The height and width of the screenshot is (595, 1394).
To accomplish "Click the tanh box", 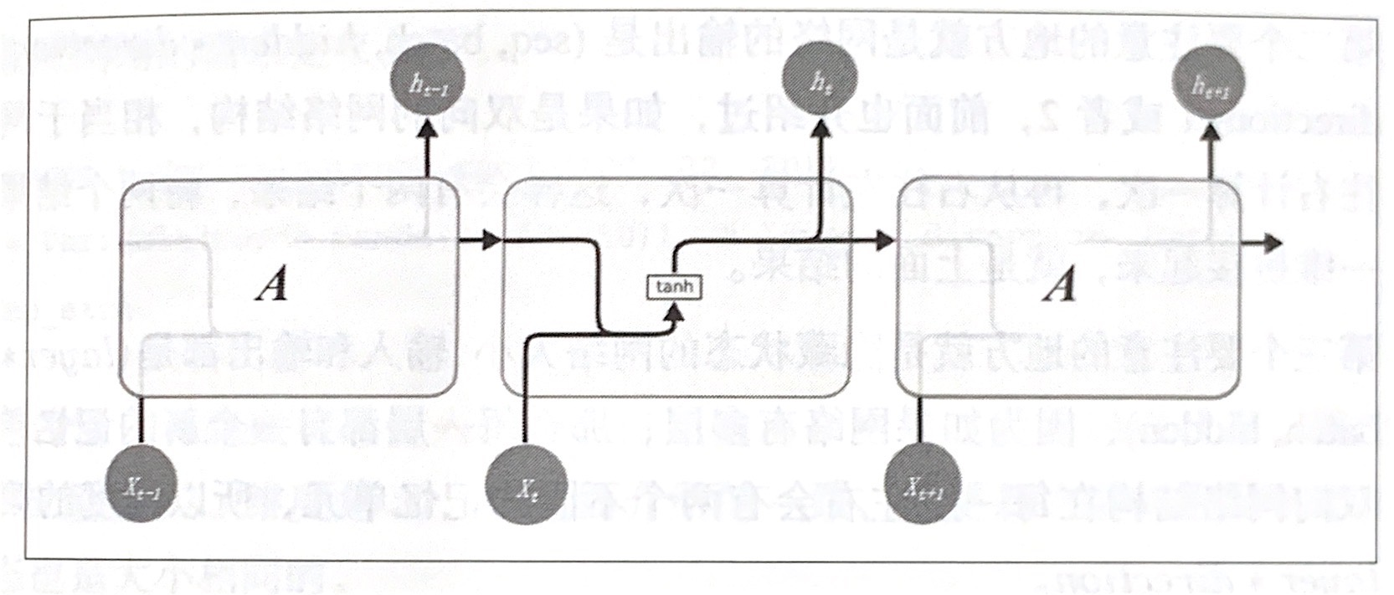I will point(674,287).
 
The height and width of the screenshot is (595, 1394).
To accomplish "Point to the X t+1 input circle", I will point(922,486).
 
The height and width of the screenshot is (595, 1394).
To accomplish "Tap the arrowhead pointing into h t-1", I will point(428,128).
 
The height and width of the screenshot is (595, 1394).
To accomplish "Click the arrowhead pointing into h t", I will point(819,126).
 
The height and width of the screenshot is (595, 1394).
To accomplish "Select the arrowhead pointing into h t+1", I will point(1210,129).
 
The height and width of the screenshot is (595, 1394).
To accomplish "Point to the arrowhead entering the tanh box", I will point(674,311).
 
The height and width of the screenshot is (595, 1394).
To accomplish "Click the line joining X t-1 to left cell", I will point(141,423).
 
